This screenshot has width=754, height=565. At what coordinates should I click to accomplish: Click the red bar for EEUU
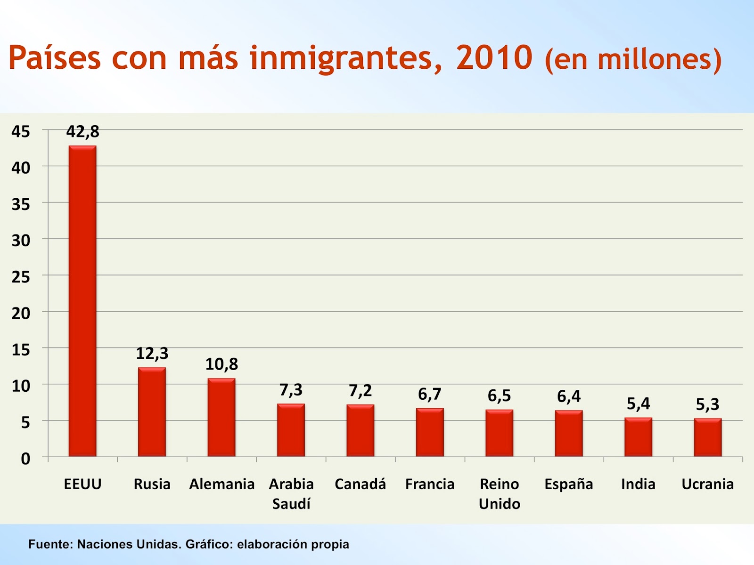tap(82, 301)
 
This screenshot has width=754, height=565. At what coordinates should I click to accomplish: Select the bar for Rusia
tap(152, 412)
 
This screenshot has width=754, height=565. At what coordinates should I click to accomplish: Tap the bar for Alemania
tap(221, 418)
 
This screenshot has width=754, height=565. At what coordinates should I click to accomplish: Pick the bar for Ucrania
tap(707, 437)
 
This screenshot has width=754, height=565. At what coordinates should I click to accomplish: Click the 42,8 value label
tap(82, 132)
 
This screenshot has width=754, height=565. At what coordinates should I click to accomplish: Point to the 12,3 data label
tap(152, 353)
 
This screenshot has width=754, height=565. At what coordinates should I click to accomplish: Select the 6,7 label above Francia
tap(429, 394)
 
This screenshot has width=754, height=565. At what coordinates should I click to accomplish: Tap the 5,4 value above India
tap(638, 404)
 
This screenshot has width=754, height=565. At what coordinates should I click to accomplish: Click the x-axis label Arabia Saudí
tap(291, 493)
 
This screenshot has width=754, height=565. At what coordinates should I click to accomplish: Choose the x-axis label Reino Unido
tap(500, 493)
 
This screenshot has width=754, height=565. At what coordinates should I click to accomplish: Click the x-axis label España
tap(568, 484)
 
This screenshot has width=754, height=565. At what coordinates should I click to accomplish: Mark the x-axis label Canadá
tap(360, 484)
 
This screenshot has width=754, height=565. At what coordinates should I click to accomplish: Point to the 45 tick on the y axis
tap(21, 132)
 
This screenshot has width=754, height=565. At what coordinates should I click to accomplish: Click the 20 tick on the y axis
tap(21, 313)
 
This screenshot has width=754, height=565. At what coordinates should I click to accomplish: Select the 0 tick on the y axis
tap(25, 458)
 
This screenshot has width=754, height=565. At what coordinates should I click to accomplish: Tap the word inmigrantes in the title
tap(346, 59)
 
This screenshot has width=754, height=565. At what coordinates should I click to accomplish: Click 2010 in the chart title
tap(494, 58)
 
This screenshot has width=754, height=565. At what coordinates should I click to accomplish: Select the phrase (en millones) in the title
tap(633, 60)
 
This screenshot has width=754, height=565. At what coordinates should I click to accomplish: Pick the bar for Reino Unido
tap(499, 433)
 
